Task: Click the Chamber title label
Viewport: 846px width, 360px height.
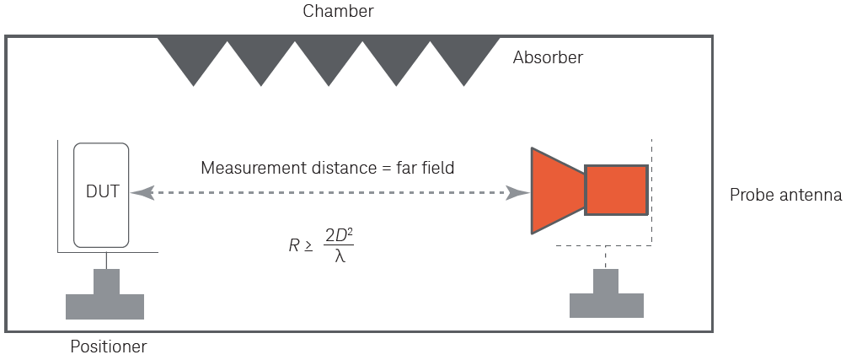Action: point(338,12)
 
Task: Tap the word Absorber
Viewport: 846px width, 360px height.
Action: point(548,58)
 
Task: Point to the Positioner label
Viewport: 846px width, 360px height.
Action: point(109,346)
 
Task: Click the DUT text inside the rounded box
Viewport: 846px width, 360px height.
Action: point(102,192)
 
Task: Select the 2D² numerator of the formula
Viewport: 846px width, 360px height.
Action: point(339,236)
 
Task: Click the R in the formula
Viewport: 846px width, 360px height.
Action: point(293,246)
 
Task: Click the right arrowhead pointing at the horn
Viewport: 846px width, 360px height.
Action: point(515,193)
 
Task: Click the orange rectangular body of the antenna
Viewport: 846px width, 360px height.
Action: point(616,191)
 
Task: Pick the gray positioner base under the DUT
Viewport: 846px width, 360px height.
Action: point(104,298)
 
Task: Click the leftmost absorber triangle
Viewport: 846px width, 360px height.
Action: point(194,55)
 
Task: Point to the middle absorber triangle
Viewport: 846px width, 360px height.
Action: point(329,55)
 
